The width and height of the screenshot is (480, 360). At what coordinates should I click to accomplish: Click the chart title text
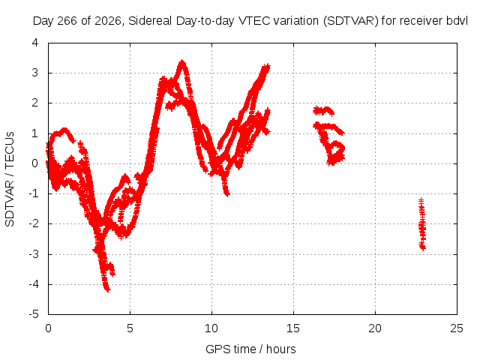tap(250, 21)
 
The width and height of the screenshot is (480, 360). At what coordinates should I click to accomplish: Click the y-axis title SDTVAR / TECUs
tap(10, 179)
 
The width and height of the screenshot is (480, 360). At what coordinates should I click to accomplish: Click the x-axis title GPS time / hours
tap(250, 349)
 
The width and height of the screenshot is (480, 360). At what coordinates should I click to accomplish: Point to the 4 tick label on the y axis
tap(35, 43)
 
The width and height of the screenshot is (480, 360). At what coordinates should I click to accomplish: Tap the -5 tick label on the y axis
tap(34, 314)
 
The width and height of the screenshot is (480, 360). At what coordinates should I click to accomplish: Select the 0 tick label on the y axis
tap(35, 163)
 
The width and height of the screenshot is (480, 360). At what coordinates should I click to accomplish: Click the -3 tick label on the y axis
tap(34, 253)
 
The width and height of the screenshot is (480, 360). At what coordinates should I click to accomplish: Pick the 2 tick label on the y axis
tap(35, 103)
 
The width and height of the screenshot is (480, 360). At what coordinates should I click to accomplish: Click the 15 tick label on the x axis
tap(293, 328)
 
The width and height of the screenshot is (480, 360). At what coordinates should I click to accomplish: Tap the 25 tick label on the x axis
tap(457, 328)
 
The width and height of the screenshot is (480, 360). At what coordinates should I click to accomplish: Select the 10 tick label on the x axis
tap(211, 328)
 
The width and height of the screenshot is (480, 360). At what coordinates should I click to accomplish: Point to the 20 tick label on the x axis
tap(375, 328)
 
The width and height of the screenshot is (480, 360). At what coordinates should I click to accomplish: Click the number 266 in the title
tap(67, 21)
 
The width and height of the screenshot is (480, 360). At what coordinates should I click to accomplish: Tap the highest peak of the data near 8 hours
tap(182, 61)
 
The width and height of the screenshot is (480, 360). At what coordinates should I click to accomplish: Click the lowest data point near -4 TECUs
tap(107, 289)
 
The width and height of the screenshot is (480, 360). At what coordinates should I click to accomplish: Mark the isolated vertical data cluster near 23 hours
tap(422, 224)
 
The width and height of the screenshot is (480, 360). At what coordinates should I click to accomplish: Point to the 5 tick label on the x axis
tap(130, 328)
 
